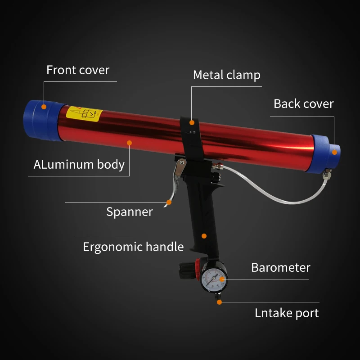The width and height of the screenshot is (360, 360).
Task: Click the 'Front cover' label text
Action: click(x=78, y=70)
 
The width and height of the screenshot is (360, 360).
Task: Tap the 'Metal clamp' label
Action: click(x=226, y=75)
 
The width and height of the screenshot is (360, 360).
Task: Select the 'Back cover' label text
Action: click(x=303, y=103)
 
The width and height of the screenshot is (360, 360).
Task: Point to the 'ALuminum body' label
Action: click(x=79, y=164)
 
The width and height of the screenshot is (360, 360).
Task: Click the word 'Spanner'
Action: click(x=130, y=211)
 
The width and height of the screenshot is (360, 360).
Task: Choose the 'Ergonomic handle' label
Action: click(x=133, y=247)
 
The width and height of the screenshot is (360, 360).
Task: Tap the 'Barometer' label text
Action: click(x=280, y=268)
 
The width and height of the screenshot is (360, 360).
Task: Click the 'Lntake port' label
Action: click(x=286, y=313)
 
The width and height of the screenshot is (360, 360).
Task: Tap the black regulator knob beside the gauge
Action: click(x=185, y=271)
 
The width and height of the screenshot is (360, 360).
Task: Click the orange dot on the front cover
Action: click(x=44, y=107)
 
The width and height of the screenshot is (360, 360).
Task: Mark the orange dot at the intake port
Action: click(x=219, y=302)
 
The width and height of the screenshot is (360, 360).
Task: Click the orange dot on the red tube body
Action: click(x=129, y=143)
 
